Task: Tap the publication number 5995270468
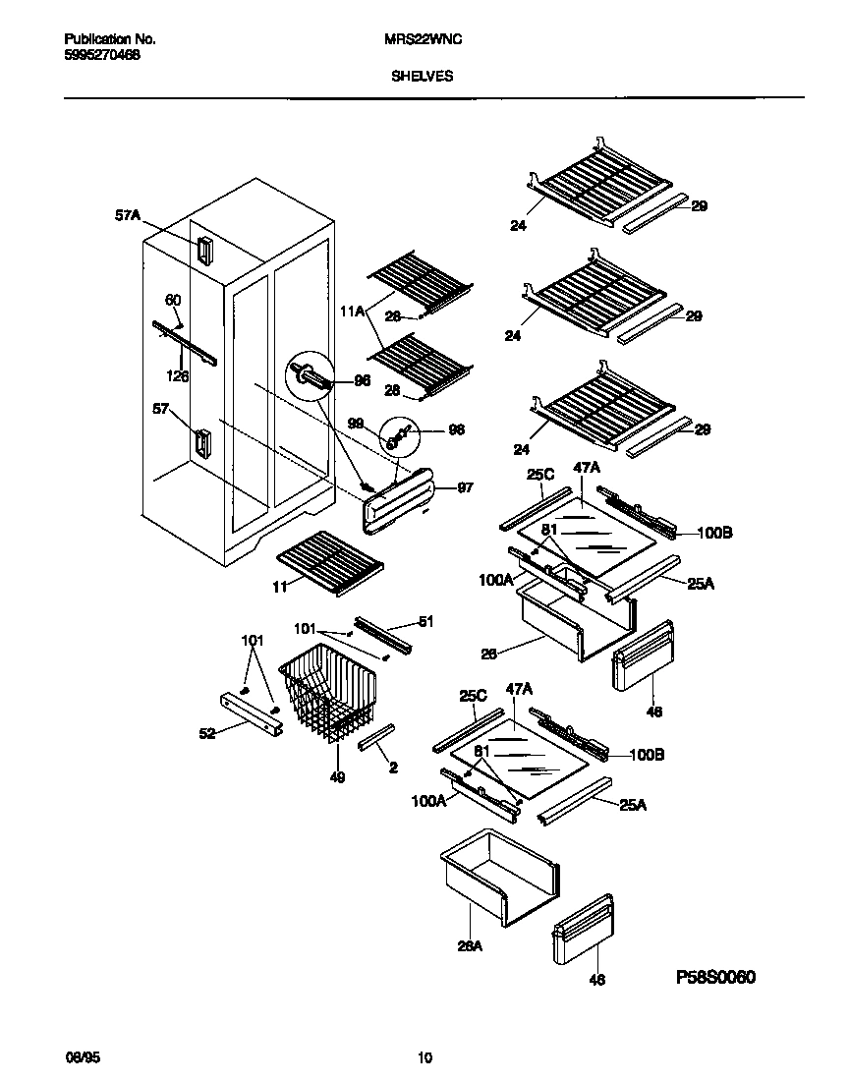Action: (101, 56)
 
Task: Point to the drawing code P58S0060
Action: (716, 978)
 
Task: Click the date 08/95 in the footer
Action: (79, 1058)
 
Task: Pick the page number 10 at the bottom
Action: (424, 1058)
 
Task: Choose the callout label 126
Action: (178, 374)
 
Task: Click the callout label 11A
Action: (352, 312)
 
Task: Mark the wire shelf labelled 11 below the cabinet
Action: (329, 562)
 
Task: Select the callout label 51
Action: (424, 621)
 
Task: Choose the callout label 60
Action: (173, 300)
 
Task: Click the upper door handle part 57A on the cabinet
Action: (204, 251)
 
